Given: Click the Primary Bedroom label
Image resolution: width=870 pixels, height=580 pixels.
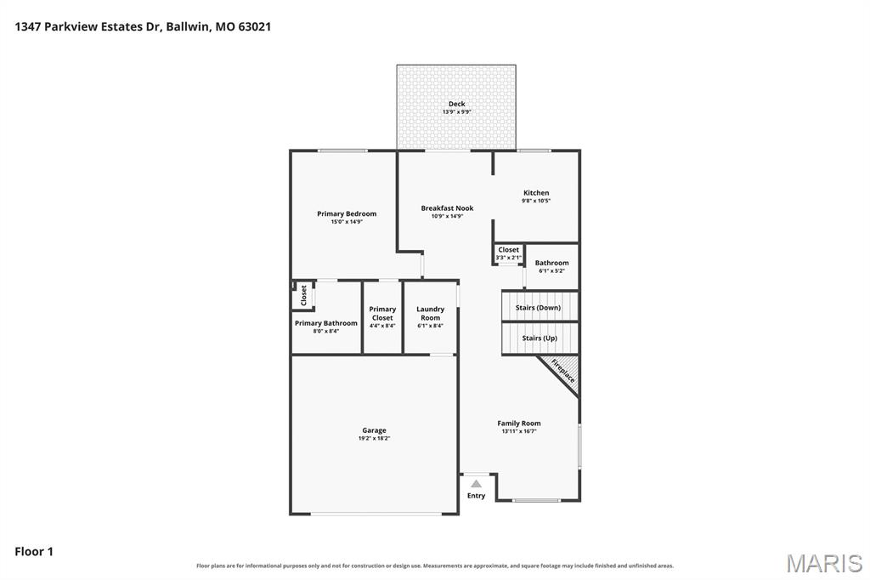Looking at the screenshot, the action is [347, 213].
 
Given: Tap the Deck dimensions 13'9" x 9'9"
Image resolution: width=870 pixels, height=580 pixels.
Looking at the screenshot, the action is [456, 112].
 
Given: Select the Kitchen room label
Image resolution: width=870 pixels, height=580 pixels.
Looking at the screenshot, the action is [536, 193].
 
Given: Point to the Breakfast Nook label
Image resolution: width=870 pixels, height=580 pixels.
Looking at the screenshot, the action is [447, 208].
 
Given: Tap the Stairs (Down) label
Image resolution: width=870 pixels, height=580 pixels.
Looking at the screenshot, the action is [538, 308].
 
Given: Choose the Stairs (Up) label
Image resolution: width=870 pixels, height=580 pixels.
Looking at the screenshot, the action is [540, 338].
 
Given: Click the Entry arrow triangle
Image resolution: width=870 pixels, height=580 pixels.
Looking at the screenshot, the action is [476, 484].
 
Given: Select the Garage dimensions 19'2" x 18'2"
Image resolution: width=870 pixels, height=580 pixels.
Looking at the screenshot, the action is [374, 438].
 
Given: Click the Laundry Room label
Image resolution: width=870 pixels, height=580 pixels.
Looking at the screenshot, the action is [431, 313].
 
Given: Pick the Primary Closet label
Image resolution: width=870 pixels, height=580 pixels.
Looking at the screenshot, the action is [382, 313].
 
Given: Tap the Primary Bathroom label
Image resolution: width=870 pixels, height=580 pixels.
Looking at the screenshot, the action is [325, 323].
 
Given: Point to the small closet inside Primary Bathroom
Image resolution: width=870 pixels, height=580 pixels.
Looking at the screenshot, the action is [303, 296].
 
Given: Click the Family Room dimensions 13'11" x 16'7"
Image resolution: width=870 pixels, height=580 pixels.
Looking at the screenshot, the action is [519, 431].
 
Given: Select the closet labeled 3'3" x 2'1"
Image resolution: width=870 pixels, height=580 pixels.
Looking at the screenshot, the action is [509, 254].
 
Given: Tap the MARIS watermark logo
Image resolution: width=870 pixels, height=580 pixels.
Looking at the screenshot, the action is [824, 563].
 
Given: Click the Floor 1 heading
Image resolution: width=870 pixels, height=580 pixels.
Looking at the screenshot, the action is [34, 552].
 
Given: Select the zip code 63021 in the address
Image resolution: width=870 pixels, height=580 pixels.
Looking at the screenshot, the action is [255, 26].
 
